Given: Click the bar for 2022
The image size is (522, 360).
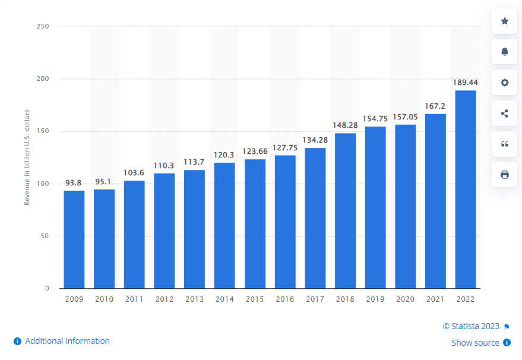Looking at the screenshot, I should point(465,189).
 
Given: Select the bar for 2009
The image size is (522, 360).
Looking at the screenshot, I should point(74,239).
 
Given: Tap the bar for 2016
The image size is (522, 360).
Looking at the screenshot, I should point(285,222).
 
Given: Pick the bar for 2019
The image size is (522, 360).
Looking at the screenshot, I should point(375,207).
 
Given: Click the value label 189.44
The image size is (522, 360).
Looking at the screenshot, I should point(465,82).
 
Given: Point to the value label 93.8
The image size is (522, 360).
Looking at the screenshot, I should point(74,182).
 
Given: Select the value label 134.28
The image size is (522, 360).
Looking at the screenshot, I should point(315,140).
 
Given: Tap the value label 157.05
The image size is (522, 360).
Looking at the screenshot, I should point(405,116).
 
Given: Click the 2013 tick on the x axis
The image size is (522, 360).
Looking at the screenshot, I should point(194,299).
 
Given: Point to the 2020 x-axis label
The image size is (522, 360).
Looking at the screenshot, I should point(405,299).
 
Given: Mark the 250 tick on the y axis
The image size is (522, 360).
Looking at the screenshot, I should point(42,26).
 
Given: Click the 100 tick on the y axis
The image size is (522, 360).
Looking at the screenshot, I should point(42,184).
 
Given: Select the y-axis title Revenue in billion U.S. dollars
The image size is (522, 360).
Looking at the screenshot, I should point(27,157).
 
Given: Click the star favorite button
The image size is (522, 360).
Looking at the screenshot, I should point(504,21).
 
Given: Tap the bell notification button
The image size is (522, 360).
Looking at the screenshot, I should point(504,52).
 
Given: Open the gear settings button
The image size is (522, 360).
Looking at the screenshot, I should point(504,83).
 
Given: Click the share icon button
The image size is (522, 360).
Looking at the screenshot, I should point(504,113).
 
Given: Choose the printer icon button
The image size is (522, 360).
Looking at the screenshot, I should point(504,175).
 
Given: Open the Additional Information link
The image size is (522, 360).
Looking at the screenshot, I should point(67,341).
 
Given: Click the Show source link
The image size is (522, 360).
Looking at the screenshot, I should point(475,343).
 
